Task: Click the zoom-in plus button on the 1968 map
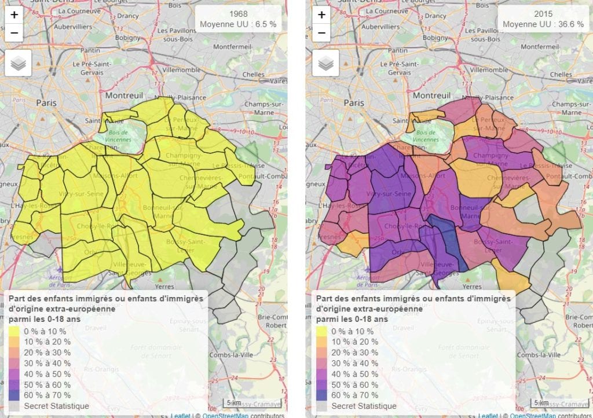[x=14, y=14]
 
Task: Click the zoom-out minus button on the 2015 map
[x=323, y=34]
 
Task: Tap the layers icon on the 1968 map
[x=18, y=63]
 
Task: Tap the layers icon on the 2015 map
[x=326, y=63]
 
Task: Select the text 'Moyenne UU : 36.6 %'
[x=543, y=24]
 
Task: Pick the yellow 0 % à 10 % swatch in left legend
[x=14, y=332]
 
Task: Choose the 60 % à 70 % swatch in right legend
[x=322, y=395]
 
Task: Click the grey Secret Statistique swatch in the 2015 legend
[x=322, y=406]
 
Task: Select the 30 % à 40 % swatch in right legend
[x=322, y=364]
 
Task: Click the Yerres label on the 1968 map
[x=166, y=286]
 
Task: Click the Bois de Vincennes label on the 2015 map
[x=427, y=137]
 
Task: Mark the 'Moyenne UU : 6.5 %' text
[x=238, y=24]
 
